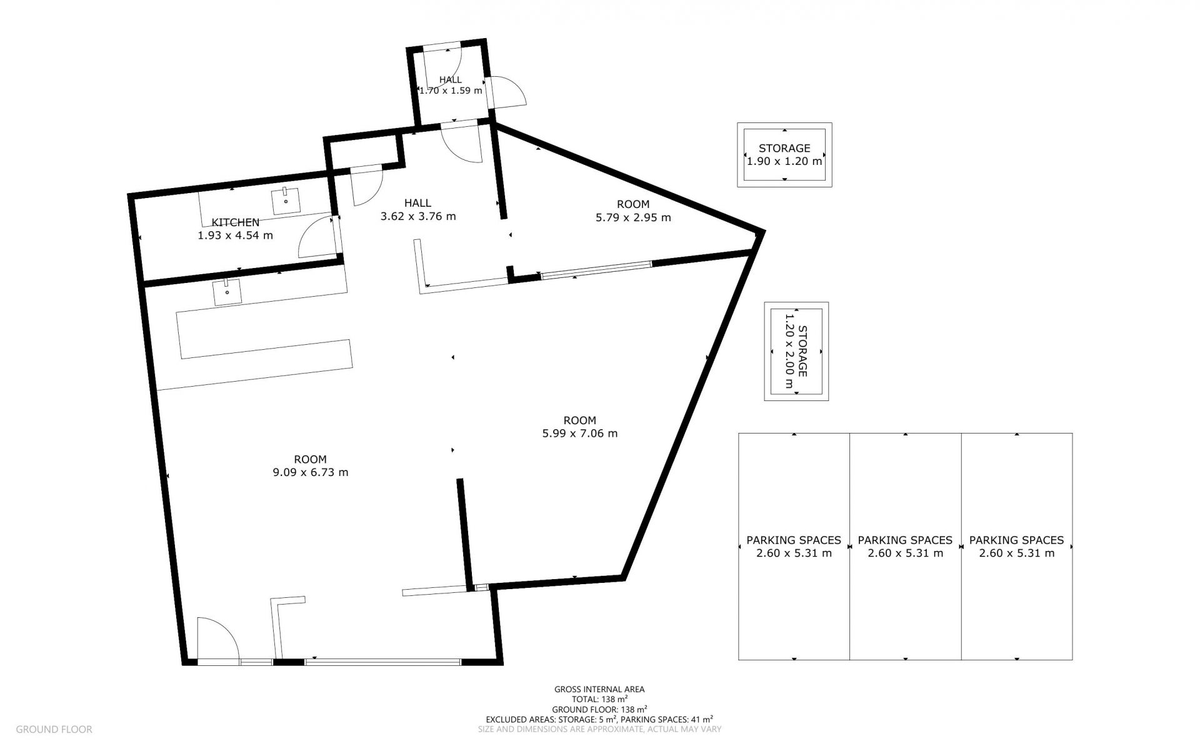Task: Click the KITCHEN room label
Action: (x=236, y=222)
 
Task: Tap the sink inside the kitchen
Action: (x=286, y=201)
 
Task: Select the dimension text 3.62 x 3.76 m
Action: (x=418, y=217)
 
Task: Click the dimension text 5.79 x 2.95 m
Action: (x=633, y=217)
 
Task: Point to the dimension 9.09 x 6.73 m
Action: (x=311, y=472)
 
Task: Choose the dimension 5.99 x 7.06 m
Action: (x=580, y=434)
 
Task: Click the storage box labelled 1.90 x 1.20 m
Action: (x=784, y=154)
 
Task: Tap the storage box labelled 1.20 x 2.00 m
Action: (x=796, y=352)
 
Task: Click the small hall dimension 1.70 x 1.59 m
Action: (x=451, y=90)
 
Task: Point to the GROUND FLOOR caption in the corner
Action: (x=54, y=729)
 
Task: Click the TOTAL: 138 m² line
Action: (x=599, y=699)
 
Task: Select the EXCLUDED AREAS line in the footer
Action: (x=599, y=719)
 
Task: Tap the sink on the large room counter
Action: (x=227, y=292)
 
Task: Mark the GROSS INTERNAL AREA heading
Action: (x=599, y=690)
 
